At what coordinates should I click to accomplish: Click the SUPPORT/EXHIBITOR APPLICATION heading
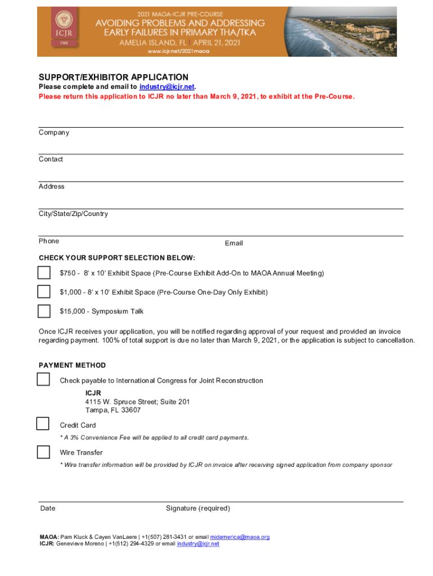point(113,77)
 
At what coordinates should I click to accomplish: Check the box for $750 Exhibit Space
point(44,273)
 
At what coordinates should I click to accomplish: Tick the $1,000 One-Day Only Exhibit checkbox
point(44,292)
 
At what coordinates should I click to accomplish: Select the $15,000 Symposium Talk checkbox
point(44,311)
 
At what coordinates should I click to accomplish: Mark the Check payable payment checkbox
point(44,379)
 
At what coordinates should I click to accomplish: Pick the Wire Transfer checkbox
point(43,452)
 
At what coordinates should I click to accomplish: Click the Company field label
point(54,133)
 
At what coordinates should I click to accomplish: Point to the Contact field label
point(51,159)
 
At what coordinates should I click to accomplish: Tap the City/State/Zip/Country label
point(73,214)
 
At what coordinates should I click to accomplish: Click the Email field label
point(234,243)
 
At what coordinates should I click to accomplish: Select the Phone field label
point(49,241)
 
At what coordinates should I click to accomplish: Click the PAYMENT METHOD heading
point(72,365)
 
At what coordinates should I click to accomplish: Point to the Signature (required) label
point(198,508)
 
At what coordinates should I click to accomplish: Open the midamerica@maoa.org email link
point(240,537)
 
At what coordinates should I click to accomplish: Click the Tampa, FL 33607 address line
point(113,410)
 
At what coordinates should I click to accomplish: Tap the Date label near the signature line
point(48,508)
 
